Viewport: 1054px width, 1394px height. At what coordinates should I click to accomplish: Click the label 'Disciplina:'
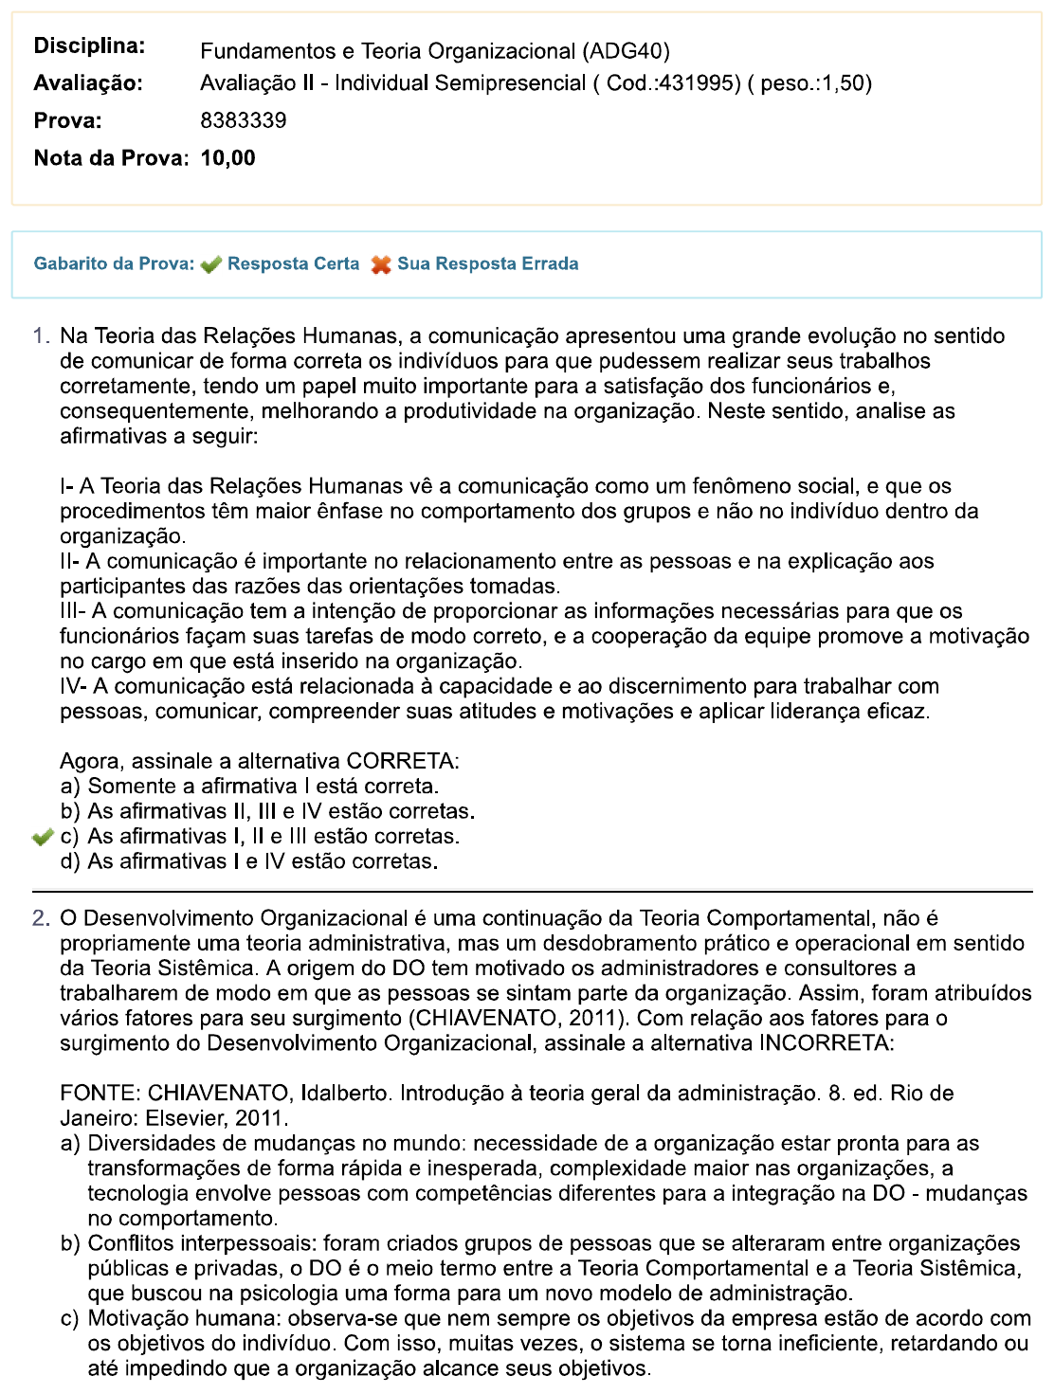pyautogui.click(x=89, y=45)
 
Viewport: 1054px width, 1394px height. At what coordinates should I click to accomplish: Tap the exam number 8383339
pyautogui.click(x=243, y=120)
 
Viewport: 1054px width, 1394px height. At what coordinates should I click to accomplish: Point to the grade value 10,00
pyautogui.click(x=227, y=158)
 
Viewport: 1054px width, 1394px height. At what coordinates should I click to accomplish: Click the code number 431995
pyautogui.click(x=700, y=83)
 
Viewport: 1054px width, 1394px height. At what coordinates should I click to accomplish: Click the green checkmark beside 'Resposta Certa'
pyautogui.click(x=211, y=264)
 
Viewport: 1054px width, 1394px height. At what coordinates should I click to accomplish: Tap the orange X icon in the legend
pyautogui.click(x=381, y=264)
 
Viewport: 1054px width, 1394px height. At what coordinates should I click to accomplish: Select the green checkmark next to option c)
pyautogui.click(x=42, y=837)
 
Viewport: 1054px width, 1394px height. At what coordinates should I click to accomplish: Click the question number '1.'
pyautogui.click(x=41, y=336)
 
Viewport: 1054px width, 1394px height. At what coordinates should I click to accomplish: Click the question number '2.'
pyautogui.click(x=41, y=918)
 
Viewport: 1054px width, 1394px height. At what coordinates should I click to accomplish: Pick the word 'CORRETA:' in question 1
pyautogui.click(x=403, y=762)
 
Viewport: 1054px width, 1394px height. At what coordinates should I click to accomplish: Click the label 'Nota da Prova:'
pyautogui.click(x=111, y=158)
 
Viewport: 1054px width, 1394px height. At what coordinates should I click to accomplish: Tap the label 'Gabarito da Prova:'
pyautogui.click(x=114, y=264)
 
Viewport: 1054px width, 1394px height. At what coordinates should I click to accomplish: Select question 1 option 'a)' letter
pyautogui.click(x=70, y=787)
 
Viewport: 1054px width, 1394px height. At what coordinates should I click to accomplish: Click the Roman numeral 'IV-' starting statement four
pyautogui.click(x=74, y=686)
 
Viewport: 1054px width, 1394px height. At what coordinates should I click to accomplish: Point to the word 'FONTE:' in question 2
pyautogui.click(x=100, y=1094)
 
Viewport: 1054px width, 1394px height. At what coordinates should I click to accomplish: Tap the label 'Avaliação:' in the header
pyautogui.click(x=88, y=83)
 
